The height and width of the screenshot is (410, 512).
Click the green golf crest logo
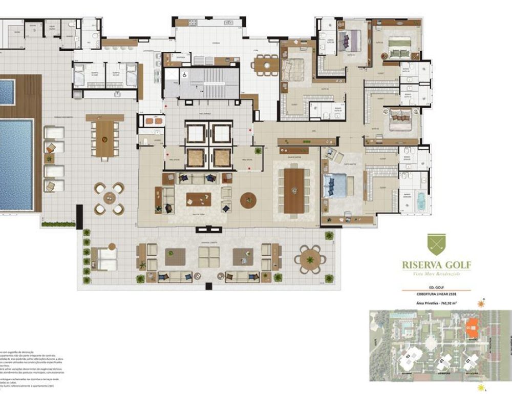pos(436,245)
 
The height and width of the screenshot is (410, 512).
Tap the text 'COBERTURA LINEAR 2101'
pos(436,294)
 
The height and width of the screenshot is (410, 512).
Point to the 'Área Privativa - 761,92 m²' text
pos(436,303)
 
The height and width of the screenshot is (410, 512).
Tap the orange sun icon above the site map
pos(480,303)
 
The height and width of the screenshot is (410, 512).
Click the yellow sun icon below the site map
pos(480,388)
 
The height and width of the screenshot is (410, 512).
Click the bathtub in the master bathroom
pos(420,199)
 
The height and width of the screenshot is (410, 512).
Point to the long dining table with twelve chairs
pos(294,187)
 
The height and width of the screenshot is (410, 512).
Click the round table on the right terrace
pos(310,259)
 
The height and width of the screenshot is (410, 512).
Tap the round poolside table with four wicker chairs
pos(109,198)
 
